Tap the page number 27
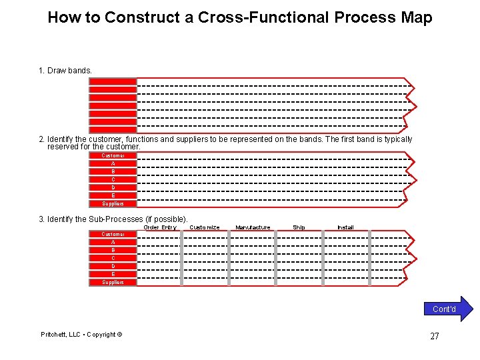coord(434,336)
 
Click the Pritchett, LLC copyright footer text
coord(81,335)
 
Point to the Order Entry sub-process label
coord(160,227)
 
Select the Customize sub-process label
coord(205,227)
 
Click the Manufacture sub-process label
coord(253,227)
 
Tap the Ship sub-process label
coord(299,227)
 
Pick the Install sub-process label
coord(345,227)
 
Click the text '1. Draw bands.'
coord(65,70)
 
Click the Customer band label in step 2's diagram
coord(113,155)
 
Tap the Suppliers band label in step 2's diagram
coord(113,203)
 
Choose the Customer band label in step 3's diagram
coord(113,234)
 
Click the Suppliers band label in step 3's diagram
coord(113,282)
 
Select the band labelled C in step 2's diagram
coord(113,179)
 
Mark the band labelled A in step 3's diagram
coord(113,242)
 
